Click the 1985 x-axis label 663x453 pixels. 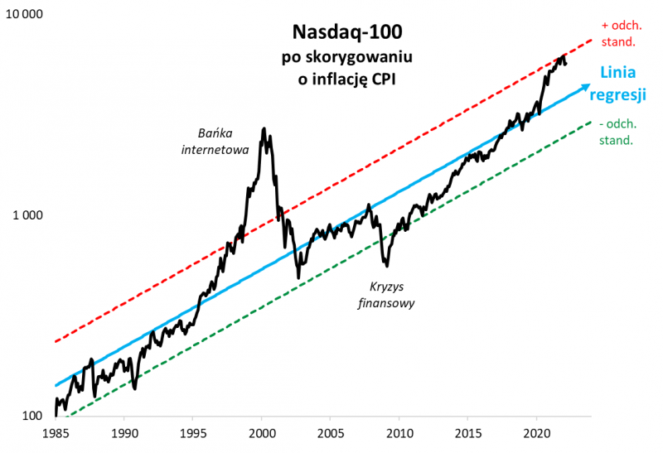click(x=56, y=433)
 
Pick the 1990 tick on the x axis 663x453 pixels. click(x=124, y=433)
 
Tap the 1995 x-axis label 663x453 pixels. click(x=193, y=433)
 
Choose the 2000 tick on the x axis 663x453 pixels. click(x=262, y=433)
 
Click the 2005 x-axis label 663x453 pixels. click(x=331, y=433)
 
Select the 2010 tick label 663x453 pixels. click(x=399, y=433)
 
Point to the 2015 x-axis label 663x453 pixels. click(x=468, y=433)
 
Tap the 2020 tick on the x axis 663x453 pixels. click(x=537, y=433)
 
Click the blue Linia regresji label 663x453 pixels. click(x=617, y=84)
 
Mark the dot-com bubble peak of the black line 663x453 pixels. click(x=264, y=129)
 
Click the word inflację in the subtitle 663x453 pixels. click(x=336, y=80)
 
